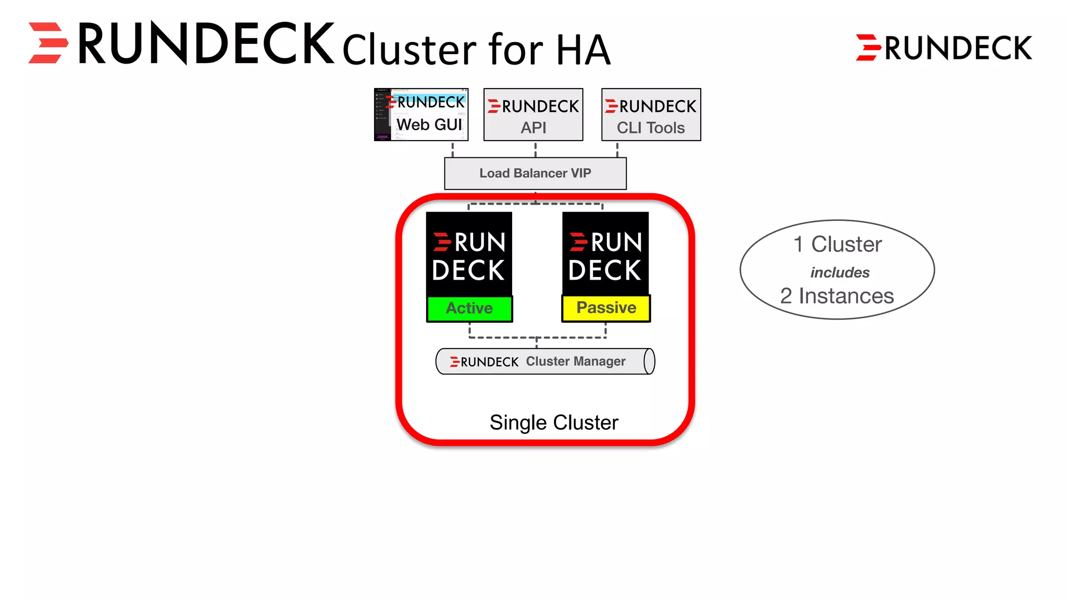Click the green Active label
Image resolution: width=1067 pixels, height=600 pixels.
[x=469, y=308]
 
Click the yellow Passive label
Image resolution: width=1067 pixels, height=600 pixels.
[x=606, y=308]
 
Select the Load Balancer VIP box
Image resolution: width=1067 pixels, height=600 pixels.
[x=535, y=173]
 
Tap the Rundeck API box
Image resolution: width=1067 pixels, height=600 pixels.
[x=533, y=115]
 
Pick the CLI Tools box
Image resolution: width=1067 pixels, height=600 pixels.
[x=651, y=115]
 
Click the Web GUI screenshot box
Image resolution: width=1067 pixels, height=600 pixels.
[x=421, y=115]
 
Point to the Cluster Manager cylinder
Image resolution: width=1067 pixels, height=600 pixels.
[x=544, y=361]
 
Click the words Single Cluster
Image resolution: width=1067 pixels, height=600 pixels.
[x=554, y=422]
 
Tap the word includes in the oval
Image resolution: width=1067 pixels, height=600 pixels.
[x=839, y=272]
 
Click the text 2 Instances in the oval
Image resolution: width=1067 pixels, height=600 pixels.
[x=837, y=296]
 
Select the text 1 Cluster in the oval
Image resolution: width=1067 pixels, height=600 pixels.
[x=837, y=244]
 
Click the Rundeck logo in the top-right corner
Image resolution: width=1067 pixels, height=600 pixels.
[x=944, y=48]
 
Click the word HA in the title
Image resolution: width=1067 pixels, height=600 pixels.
[x=583, y=50]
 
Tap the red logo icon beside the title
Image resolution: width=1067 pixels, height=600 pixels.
[x=48, y=43]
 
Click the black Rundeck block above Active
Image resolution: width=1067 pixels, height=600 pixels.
[x=469, y=254]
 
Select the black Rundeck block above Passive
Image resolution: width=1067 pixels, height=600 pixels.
[x=605, y=254]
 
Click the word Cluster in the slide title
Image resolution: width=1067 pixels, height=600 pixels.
[x=409, y=50]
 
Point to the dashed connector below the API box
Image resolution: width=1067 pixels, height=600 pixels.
[x=535, y=149]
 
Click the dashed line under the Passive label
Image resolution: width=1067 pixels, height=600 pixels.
[x=605, y=330]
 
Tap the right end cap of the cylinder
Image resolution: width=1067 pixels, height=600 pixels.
[x=649, y=361]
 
